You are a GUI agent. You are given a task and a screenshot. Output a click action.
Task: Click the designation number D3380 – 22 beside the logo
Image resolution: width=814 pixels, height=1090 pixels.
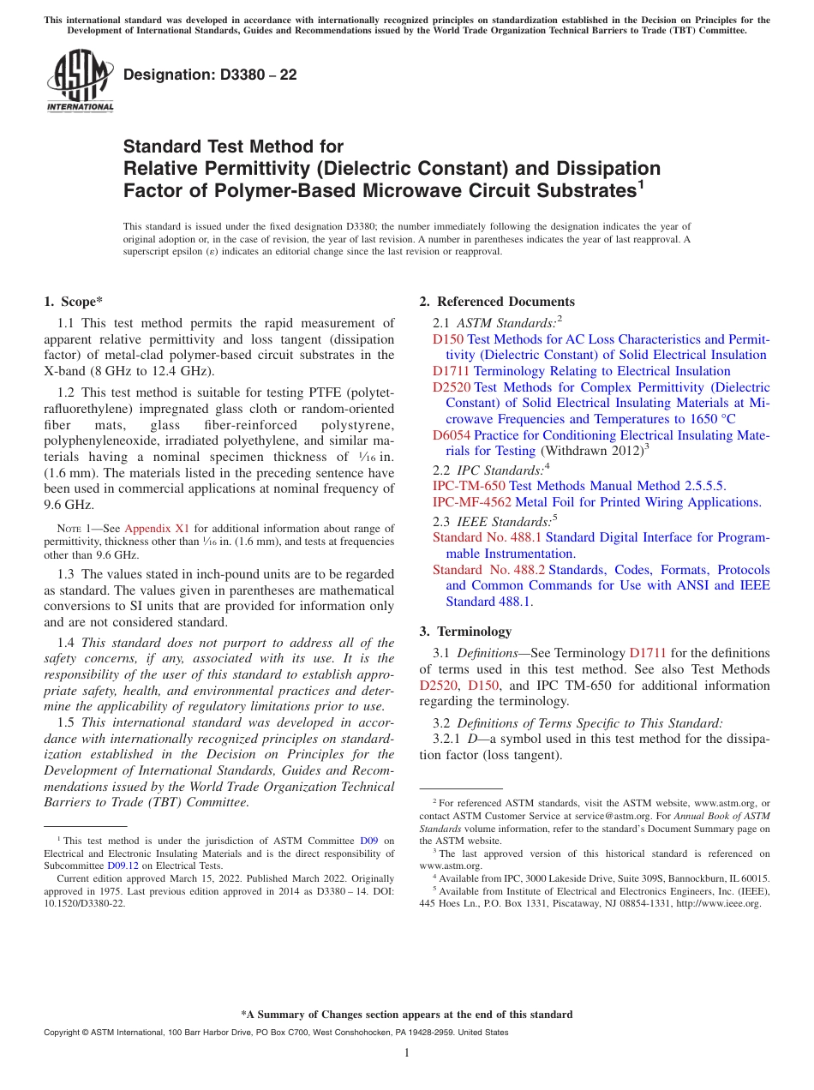[x=210, y=75]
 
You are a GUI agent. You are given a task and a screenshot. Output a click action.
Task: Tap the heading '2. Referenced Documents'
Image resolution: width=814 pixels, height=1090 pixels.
[x=497, y=302]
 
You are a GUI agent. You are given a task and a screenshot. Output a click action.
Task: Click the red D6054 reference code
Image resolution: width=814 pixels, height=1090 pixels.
[x=451, y=435]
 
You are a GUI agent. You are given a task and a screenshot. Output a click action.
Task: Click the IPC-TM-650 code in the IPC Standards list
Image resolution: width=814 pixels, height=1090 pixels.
[x=469, y=486]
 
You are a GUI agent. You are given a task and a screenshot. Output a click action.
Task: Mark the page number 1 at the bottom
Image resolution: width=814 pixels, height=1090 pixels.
[x=407, y=1053]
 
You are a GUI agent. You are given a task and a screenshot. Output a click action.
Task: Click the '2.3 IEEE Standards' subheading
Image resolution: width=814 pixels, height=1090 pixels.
[x=495, y=522]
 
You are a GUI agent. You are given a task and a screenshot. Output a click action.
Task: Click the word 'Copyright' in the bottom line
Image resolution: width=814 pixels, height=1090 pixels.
[x=65, y=1033]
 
